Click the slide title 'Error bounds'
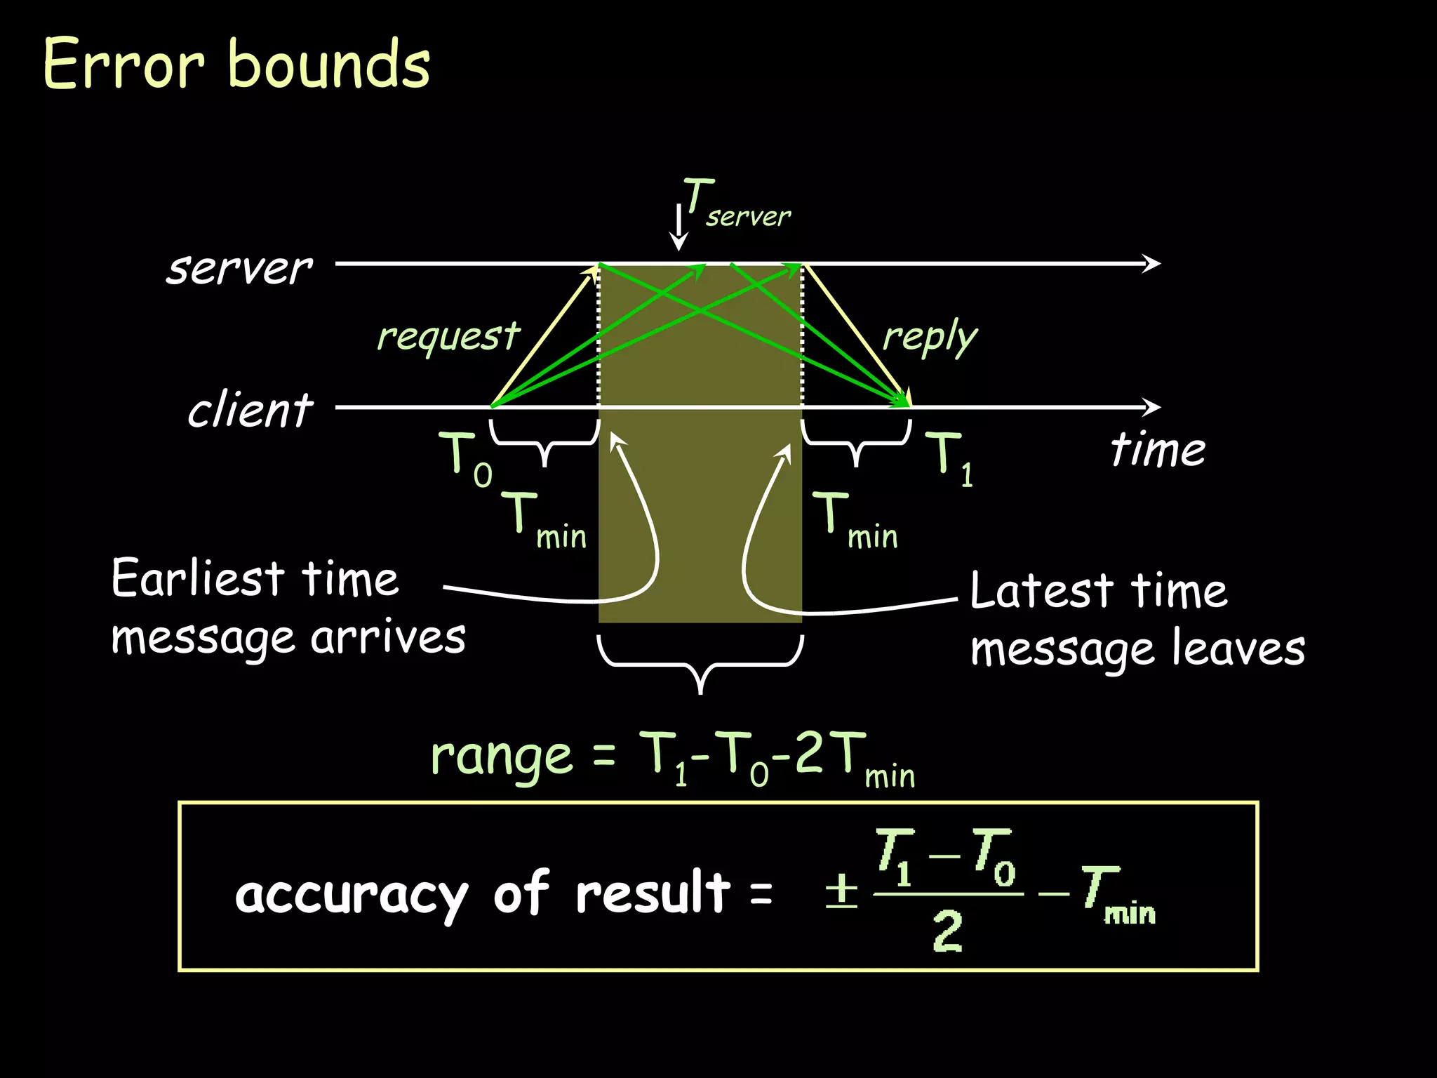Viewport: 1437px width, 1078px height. click(236, 65)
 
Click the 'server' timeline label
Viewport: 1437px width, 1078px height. click(239, 268)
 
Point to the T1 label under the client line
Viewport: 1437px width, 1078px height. click(949, 458)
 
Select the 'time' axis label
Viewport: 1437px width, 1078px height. click(1158, 449)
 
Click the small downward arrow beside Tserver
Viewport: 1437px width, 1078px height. click(679, 228)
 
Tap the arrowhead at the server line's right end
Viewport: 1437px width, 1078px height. click(1151, 264)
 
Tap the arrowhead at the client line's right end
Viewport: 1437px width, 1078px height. click(1151, 407)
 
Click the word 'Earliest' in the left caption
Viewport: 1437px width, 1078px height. click(197, 579)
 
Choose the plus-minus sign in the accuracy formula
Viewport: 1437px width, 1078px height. click(841, 891)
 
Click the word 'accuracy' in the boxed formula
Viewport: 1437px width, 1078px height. click(351, 895)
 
